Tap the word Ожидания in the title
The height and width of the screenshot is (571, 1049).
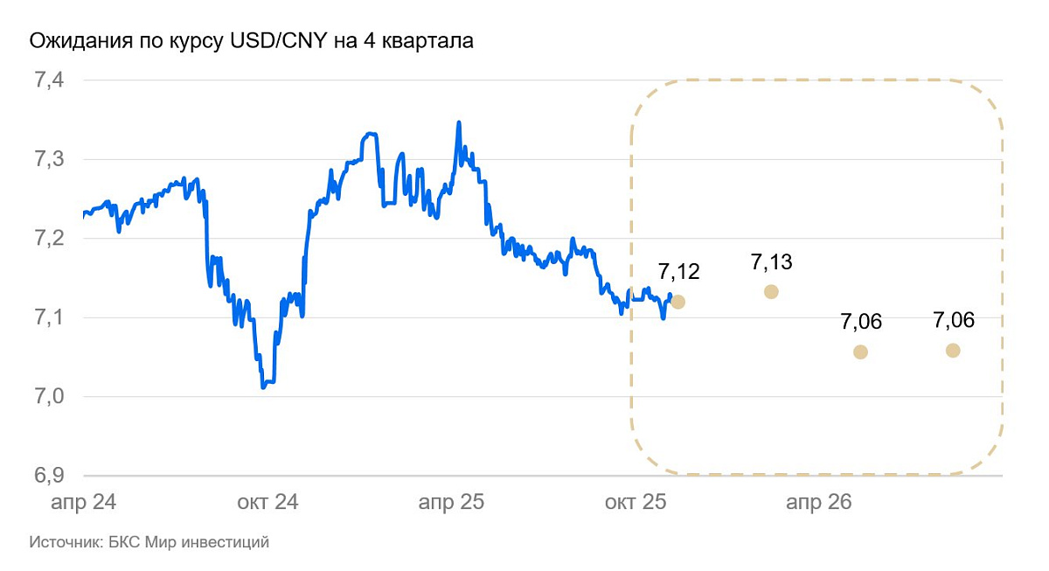(x=73, y=41)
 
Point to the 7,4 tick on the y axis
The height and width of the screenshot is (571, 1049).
(x=49, y=80)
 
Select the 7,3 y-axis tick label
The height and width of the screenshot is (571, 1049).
(x=49, y=160)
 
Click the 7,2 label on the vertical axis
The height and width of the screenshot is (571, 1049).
(x=49, y=239)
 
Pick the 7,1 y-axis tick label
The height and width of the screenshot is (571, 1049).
(x=49, y=318)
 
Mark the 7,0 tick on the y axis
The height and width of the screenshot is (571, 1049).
(x=49, y=397)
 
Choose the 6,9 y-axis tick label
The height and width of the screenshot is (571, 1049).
(x=49, y=476)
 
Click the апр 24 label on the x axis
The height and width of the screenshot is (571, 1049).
(x=83, y=503)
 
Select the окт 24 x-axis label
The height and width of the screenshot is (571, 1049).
(x=267, y=503)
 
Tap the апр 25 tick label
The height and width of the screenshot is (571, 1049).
(x=451, y=503)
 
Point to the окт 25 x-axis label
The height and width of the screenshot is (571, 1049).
(x=635, y=503)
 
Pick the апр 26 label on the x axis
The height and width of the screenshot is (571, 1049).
(x=818, y=503)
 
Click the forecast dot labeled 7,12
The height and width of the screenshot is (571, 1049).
(x=678, y=302)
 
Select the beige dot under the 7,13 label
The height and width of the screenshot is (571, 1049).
(x=771, y=291)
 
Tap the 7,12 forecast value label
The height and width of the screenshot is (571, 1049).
(x=679, y=272)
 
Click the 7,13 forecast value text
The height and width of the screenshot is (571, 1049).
(x=771, y=261)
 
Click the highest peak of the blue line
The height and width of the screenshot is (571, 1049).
(x=459, y=122)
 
